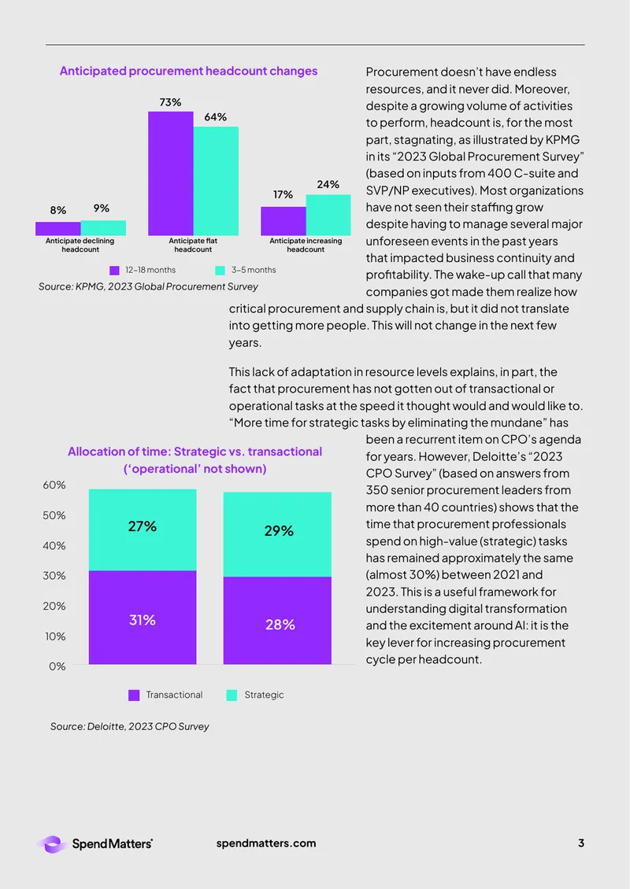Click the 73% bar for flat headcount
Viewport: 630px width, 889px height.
[171, 174]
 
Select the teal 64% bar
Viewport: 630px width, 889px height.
[216, 181]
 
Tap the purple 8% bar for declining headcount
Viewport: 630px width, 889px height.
[58, 228]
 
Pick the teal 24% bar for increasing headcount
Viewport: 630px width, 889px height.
[328, 215]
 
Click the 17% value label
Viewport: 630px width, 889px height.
[283, 194]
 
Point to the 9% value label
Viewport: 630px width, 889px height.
[102, 208]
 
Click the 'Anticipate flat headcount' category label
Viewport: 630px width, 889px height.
[193, 245]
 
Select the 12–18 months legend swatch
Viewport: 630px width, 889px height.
[115, 271]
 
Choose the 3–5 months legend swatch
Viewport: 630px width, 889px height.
[220, 271]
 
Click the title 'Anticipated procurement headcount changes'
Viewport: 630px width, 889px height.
[188, 71]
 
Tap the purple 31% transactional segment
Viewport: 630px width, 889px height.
[143, 618]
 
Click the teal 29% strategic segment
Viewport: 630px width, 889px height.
[277, 534]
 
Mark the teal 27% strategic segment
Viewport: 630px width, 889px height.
[143, 530]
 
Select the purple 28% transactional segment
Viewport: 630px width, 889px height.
[277, 620]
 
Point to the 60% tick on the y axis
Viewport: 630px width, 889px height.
[54, 485]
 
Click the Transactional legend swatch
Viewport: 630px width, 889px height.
[134, 695]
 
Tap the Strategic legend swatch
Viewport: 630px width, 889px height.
[232, 695]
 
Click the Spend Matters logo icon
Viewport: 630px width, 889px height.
[52, 844]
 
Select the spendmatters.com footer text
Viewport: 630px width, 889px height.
[266, 843]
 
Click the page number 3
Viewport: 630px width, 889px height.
[580, 843]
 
